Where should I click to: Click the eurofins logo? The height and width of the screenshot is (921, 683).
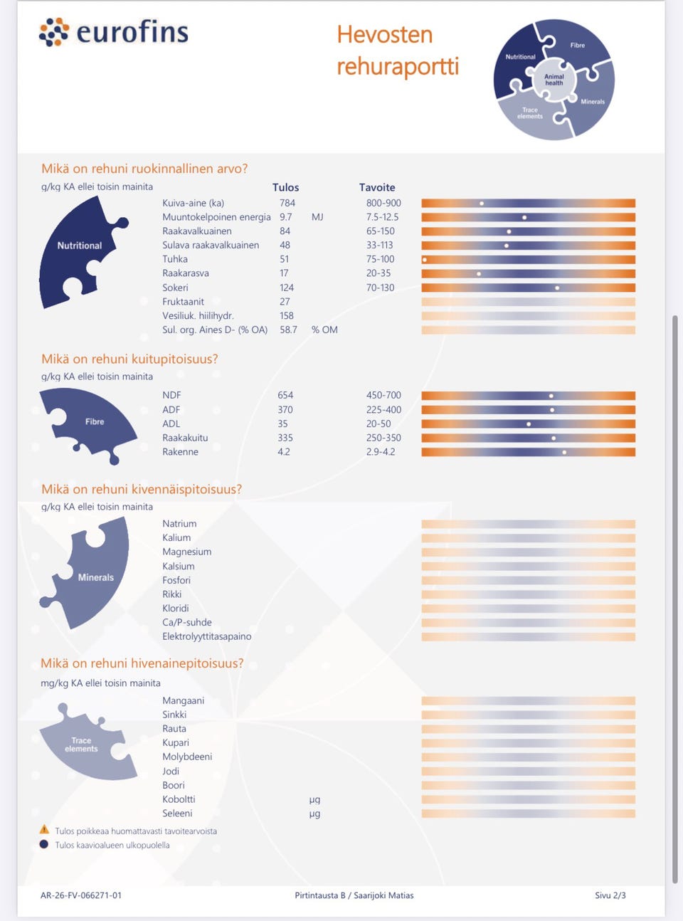(113, 32)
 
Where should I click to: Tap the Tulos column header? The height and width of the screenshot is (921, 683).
(286, 187)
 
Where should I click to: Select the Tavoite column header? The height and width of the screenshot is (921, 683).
(377, 187)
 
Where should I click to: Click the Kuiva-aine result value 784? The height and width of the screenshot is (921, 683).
(287, 203)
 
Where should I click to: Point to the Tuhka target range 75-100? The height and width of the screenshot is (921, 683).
(381, 259)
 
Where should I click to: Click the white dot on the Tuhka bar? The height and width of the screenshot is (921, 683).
(424, 260)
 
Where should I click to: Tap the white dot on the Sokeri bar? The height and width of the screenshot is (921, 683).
(557, 288)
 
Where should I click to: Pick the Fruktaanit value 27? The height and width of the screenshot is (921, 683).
(285, 302)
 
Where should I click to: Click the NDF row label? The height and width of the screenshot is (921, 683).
(171, 395)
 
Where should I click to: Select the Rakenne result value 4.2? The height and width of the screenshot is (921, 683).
(284, 452)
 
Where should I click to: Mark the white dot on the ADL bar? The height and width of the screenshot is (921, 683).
(529, 424)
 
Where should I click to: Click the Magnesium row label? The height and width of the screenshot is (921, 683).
(187, 552)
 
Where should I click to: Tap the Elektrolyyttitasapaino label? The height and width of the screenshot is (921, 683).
(207, 636)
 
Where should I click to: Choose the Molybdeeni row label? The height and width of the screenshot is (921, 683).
(187, 757)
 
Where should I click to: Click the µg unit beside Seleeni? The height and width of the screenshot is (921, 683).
(314, 814)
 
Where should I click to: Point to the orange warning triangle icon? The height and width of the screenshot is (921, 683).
(44, 830)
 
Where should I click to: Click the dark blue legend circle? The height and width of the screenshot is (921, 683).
(44, 845)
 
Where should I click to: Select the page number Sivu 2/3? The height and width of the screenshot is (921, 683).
(610, 895)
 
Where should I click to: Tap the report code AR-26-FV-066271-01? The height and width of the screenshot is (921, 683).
(81, 895)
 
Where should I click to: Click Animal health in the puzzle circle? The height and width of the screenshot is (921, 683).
(554, 80)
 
